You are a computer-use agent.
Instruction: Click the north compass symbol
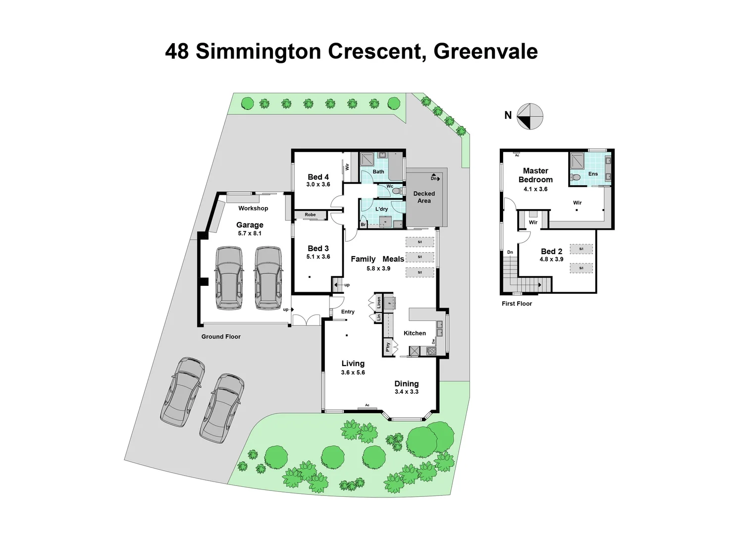[x=529, y=116]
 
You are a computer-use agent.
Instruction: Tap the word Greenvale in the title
[x=485, y=52]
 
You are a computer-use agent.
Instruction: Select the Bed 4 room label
[x=318, y=177]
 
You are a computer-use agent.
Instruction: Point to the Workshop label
[x=253, y=209]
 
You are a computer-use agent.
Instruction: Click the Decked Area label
[x=424, y=197]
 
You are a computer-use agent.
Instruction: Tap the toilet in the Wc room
[x=395, y=191]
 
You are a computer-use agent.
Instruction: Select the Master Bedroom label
[x=535, y=175]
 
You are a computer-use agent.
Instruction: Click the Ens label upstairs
[x=593, y=174]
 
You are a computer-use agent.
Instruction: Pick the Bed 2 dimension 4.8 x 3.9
[x=551, y=259]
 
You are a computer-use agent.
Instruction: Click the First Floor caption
[x=517, y=304]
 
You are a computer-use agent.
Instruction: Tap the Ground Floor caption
[x=221, y=337]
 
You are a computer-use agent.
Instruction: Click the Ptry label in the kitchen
[x=388, y=346]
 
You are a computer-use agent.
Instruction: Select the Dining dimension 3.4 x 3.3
[x=406, y=392]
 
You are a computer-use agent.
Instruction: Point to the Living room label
[x=353, y=364]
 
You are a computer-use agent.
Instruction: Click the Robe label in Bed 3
[x=310, y=215]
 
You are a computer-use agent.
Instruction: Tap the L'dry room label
[x=381, y=209]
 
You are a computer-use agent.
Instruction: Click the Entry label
[x=348, y=312]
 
